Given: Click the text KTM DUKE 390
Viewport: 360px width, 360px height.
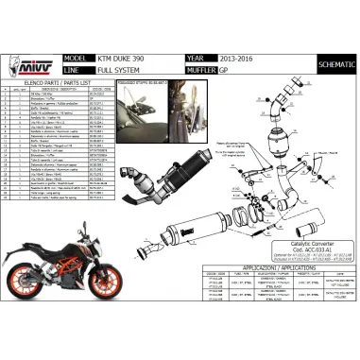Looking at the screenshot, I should [123, 56].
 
